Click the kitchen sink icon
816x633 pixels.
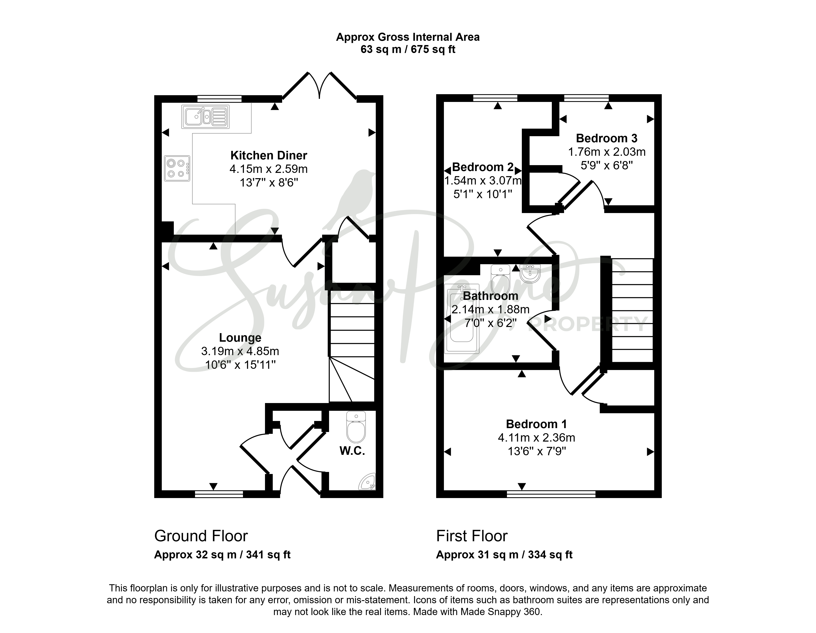pos(205,117)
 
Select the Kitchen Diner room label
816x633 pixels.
pos(269,155)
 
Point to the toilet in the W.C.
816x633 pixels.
pos(356,426)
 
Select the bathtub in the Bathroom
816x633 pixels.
pos(462,319)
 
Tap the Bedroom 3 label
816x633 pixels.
pos(607,138)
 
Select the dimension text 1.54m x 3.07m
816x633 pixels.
pos(483,181)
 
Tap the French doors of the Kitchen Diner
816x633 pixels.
pos(319,86)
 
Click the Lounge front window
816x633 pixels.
pos(219,494)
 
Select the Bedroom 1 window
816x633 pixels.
pos(551,494)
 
